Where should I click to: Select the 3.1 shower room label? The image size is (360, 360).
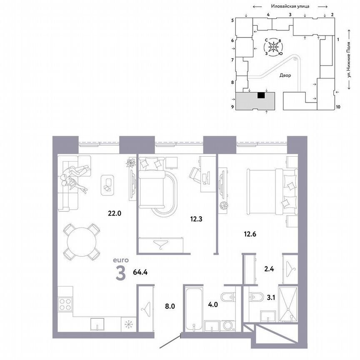tap(270, 297)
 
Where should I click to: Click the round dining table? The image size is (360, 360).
tap(82, 241)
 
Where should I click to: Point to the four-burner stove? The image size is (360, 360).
tap(65, 304)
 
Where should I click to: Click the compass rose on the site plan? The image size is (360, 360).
tap(273, 47)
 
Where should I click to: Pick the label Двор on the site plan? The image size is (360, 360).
tap(285, 75)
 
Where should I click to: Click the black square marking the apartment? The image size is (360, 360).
tap(261, 95)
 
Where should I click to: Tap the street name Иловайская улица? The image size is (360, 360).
tap(289, 7)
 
